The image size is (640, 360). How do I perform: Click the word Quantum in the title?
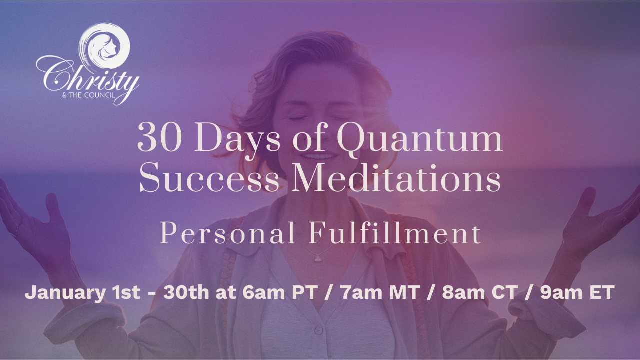click(x=419, y=140)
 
